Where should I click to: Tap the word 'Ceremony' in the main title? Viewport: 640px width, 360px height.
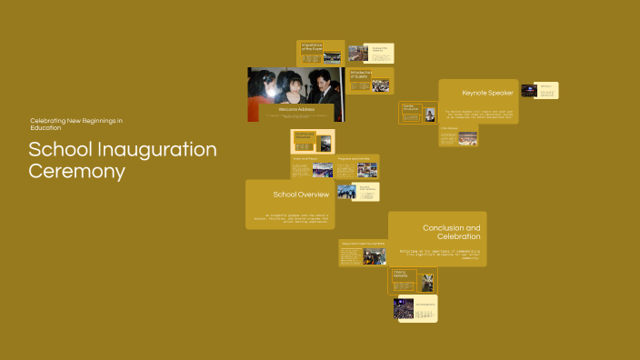pyautogui.click(x=76, y=171)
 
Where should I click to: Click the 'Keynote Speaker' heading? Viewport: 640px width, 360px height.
pyautogui.click(x=487, y=93)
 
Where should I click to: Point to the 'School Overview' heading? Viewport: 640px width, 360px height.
pyautogui.click(x=301, y=195)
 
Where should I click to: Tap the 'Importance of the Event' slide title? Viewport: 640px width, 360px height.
pyautogui.click(x=312, y=46)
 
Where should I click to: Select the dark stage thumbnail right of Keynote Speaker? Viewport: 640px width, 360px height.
pyautogui.click(x=532, y=90)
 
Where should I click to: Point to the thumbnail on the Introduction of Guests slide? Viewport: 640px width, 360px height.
pyautogui.click(x=380, y=85)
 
